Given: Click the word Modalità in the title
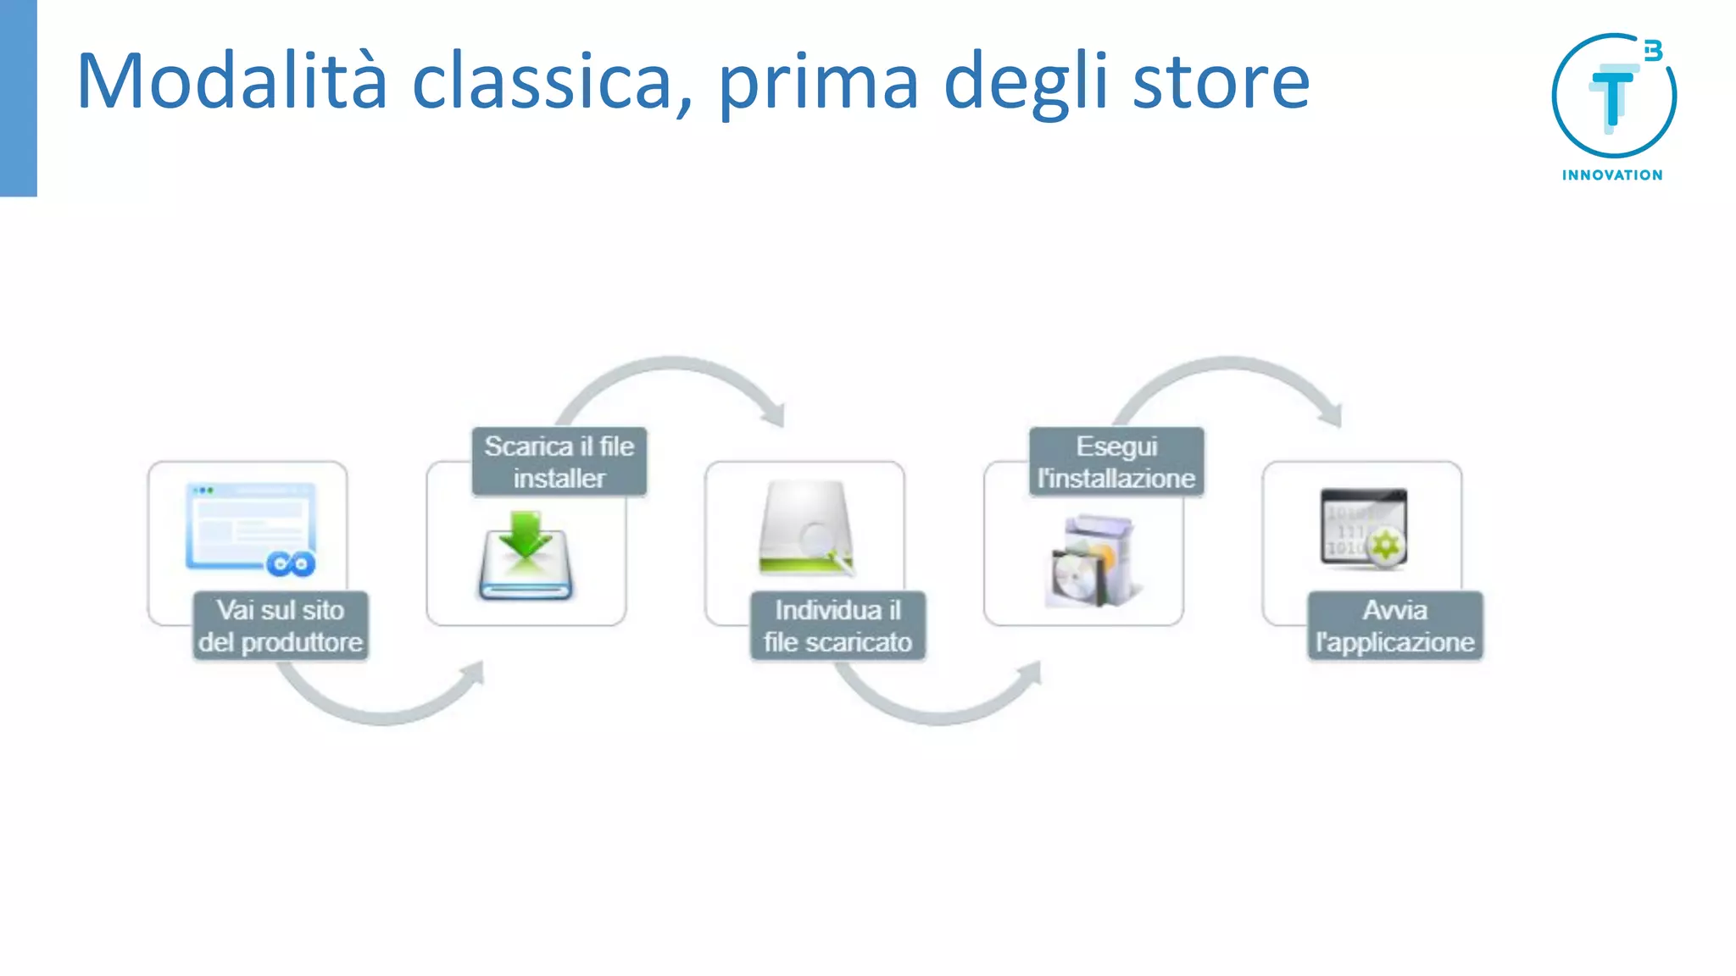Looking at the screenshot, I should [231, 81].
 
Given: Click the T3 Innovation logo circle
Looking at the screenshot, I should [1613, 96].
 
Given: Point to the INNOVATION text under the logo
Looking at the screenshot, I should [1612, 175].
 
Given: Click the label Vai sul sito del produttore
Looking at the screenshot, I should [281, 626].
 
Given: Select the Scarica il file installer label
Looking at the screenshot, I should [559, 462].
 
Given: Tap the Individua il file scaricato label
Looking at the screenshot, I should [837, 626].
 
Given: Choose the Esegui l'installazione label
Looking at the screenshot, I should [1116, 462].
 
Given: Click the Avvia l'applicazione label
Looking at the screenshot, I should [1395, 626].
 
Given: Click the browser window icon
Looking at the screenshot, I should [251, 528].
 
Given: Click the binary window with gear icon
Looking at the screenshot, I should [1363, 528].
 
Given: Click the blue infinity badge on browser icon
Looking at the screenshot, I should [291, 563].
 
